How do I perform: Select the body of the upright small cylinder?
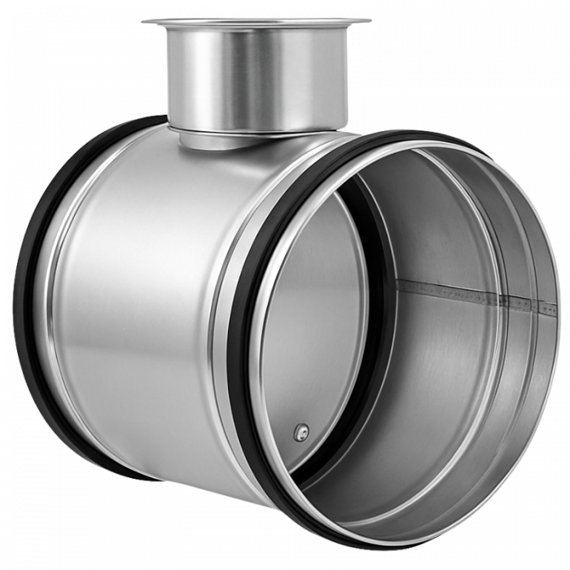coord(256,77)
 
